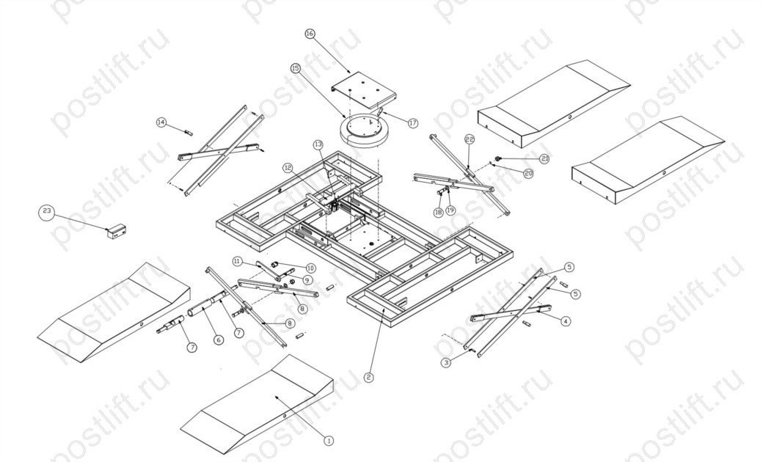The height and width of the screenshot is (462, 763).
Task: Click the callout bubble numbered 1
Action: [x=329, y=441]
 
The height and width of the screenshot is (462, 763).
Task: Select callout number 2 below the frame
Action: [x=368, y=378]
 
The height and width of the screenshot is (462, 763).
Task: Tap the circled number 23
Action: [x=47, y=212]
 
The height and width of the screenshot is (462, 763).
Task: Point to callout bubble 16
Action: [x=309, y=34]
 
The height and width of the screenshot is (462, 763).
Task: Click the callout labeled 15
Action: [x=296, y=68]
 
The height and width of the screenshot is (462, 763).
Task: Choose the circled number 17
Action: [x=412, y=123]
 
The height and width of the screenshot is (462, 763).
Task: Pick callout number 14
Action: [x=161, y=122]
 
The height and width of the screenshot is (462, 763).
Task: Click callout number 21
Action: [x=544, y=158]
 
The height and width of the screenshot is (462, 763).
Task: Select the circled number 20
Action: [x=527, y=173]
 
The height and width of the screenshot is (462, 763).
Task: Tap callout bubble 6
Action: [x=218, y=340]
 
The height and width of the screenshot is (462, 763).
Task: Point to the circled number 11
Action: [x=237, y=260]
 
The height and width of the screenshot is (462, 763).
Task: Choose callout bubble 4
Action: [x=566, y=320]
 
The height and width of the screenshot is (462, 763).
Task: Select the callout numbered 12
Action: [x=288, y=168]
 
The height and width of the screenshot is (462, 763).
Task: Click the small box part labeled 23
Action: [x=118, y=232]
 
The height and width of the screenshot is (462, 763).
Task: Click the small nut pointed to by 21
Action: [x=498, y=158]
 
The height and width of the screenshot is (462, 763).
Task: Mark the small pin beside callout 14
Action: [x=188, y=132]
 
